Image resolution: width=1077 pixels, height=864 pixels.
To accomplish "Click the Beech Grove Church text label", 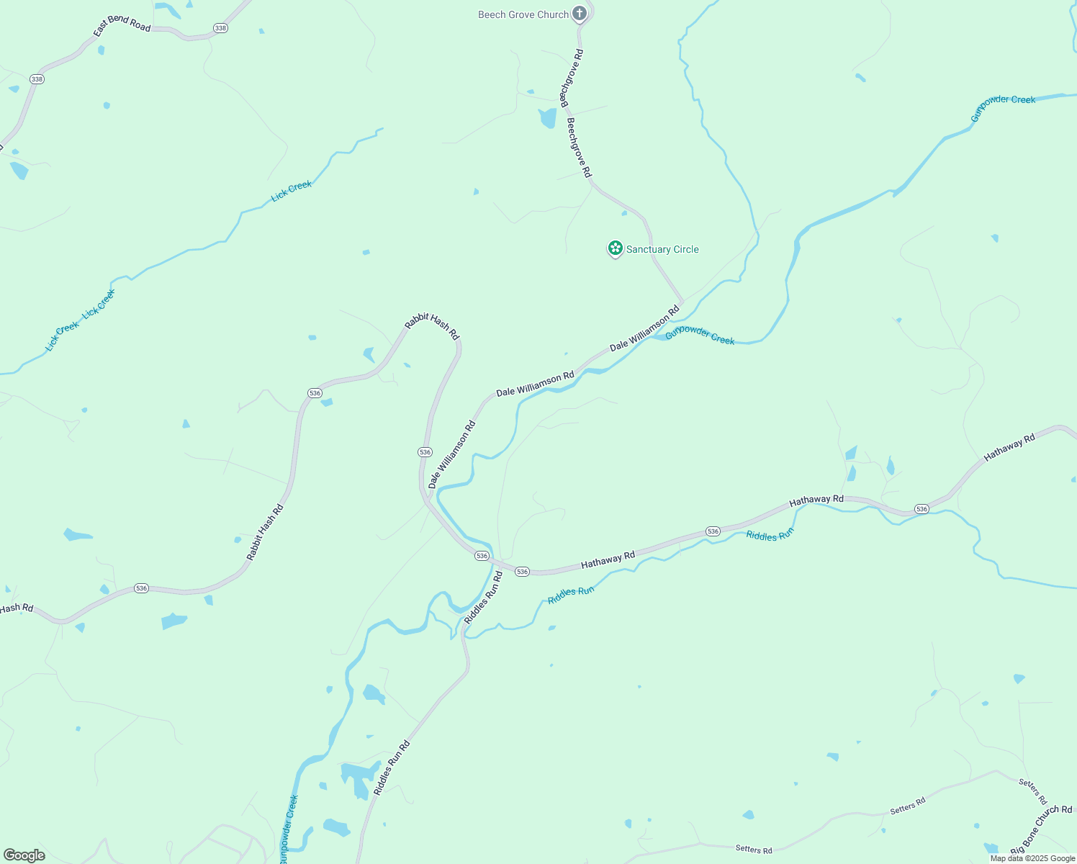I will [523, 14].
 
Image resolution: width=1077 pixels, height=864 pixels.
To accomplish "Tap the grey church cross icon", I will [580, 14].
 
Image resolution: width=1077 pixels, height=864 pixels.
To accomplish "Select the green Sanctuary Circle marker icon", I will [615, 249].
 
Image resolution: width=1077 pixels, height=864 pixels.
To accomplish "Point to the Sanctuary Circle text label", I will [662, 249].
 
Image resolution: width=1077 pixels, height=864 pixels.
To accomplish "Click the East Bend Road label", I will [122, 24].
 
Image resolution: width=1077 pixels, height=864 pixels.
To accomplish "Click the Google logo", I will [24, 855].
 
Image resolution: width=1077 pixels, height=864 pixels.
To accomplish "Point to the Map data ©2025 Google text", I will [1032, 858].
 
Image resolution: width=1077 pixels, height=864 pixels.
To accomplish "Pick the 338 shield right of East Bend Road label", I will [220, 28].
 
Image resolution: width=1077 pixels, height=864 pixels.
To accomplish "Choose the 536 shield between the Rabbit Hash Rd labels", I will [315, 392].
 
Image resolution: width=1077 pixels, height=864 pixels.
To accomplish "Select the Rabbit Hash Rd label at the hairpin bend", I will [432, 326].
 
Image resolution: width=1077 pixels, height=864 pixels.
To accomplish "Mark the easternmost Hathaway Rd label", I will [1009, 447].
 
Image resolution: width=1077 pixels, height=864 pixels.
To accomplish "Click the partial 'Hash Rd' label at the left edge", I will [17, 608].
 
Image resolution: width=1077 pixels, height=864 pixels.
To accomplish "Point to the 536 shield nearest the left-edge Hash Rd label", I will [141, 588].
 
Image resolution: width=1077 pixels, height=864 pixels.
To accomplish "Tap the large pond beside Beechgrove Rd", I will [548, 117].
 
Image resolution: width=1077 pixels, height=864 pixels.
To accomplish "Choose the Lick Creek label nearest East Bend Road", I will [292, 191].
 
